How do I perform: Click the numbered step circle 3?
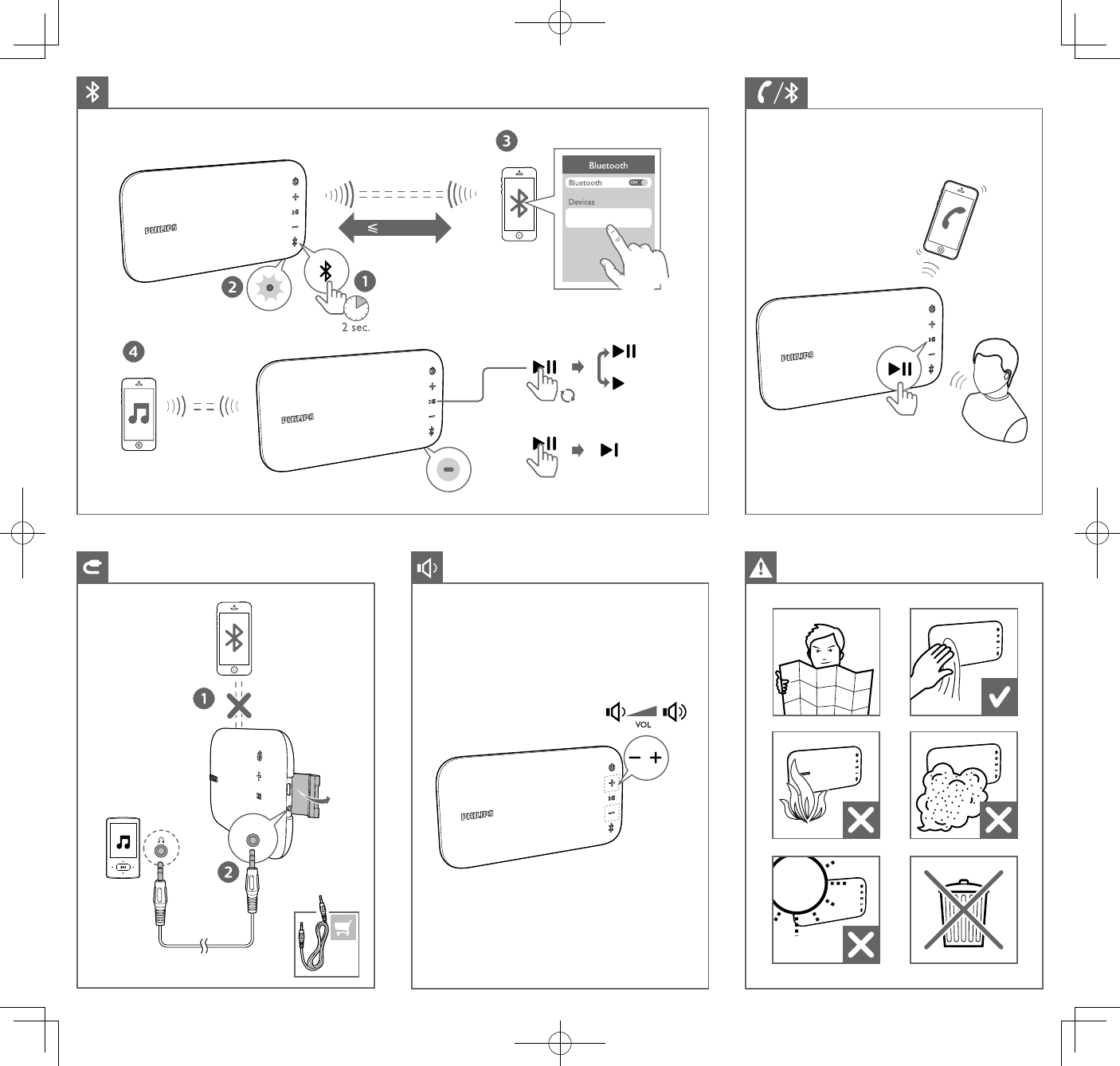pyautogui.click(x=507, y=141)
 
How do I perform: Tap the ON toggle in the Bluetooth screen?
pyautogui.click(x=638, y=182)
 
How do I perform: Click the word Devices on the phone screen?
pyautogui.click(x=582, y=202)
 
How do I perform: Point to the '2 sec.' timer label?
pyautogui.click(x=356, y=327)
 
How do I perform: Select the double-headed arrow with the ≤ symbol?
pyautogui.click(x=395, y=228)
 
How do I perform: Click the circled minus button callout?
pyautogui.click(x=448, y=470)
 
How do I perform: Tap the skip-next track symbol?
pyautogui.click(x=609, y=450)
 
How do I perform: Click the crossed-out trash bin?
pyautogui.click(x=963, y=910)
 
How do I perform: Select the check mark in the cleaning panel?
pyautogui.click(x=999, y=697)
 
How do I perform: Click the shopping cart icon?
pyautogui.click(x=343, y=927)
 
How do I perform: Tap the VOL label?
pyautogui.click(x=643, y=725)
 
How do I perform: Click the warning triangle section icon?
pyautogui.click(x=761, y=567)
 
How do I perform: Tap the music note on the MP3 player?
pyautogui.click(x=123, y=841)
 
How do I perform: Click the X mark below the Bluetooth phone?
pyautogui.click(x=239, y=705)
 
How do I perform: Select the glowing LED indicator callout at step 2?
pyautogui.click(x=269, y=288)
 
